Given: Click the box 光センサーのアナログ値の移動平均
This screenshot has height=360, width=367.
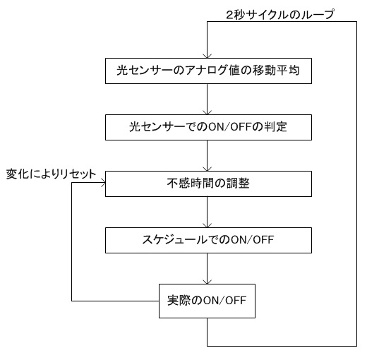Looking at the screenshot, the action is [x=208, y=71].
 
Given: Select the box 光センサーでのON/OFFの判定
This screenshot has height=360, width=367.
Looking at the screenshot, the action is [x=208, y=127].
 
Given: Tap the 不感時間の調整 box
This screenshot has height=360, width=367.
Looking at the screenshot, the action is [x=208, y=184].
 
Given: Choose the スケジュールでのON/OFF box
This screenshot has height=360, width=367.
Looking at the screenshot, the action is [x=208, y=240].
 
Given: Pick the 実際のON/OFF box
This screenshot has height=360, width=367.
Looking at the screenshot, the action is [x=207, y=301].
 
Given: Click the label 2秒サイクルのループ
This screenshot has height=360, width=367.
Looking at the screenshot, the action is [x=280, y=15].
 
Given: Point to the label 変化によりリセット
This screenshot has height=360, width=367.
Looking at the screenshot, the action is [x=51, y=174].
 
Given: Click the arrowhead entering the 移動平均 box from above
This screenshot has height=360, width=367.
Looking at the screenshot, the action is [x=207, y=56].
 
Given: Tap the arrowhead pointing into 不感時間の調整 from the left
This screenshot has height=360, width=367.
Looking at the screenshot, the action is [x=103, y=183].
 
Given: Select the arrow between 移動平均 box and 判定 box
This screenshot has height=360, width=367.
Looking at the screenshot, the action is [x=207, y=99].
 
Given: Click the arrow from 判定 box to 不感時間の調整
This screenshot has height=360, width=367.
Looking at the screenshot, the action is [x=207, y=155].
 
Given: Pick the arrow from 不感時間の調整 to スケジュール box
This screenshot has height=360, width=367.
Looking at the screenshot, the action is [x=207, y=212].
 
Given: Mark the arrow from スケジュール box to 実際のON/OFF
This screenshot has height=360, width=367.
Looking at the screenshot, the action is [x=207, y=268].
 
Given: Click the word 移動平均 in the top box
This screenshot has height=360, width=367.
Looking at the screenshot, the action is [x=276, y=70].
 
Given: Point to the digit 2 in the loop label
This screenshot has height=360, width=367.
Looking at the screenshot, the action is [x=230, y=15].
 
